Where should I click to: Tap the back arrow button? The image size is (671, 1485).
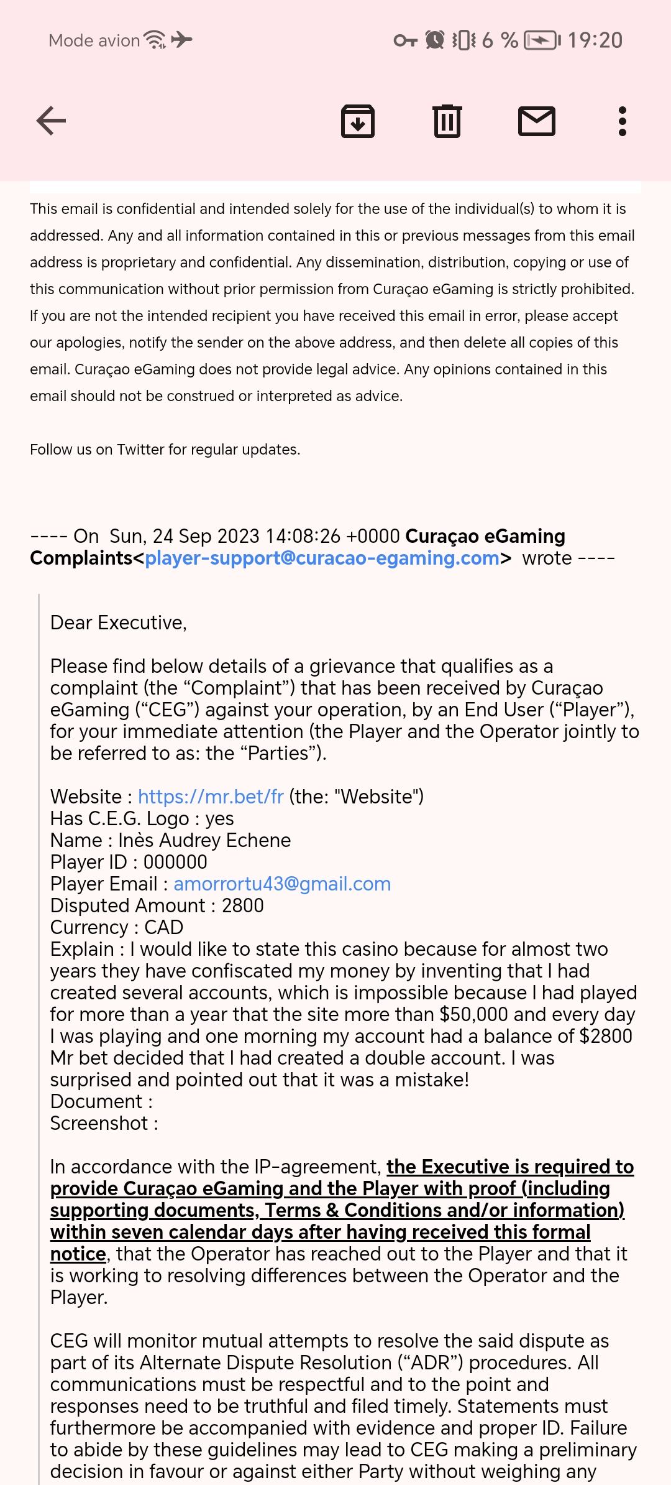point(51,121)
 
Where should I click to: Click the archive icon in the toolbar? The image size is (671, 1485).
point(358,121)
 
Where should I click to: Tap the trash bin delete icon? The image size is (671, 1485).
point(447,121)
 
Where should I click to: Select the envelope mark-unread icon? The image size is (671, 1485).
point(537,121)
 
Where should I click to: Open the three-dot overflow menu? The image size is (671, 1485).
point(623,121)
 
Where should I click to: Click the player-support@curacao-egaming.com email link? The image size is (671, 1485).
point(322,558)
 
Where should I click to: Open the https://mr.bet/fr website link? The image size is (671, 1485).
point(211,797)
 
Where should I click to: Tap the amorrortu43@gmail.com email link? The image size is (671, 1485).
point(282,884)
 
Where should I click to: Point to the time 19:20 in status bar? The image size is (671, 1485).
point(595,40)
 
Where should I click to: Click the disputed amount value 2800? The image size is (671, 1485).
point(242,905)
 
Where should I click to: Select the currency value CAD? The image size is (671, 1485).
point(163,927)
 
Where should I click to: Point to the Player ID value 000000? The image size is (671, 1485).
point(175,862)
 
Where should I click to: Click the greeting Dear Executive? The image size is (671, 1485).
point(118,622)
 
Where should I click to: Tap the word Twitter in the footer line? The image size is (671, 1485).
point(142,450)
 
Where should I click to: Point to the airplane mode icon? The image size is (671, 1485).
point(181,40)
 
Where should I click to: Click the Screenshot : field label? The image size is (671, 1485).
point(104,1123)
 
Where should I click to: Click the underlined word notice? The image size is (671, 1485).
point(78,1254)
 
